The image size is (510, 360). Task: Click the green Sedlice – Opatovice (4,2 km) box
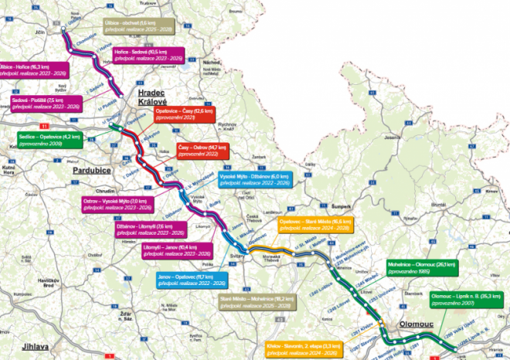45,139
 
